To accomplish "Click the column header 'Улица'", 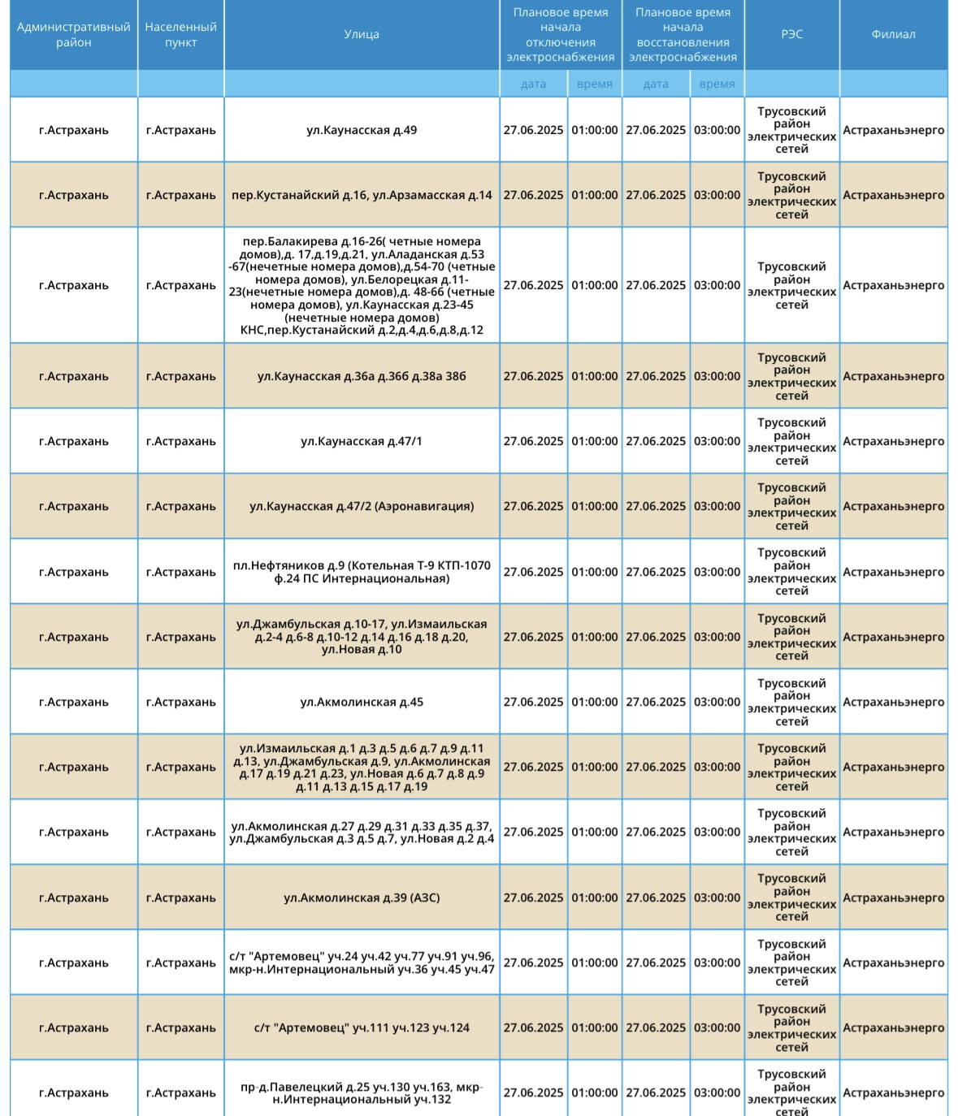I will tap(362, 34).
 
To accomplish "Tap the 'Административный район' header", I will tap(73, 34).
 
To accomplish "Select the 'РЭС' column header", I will tap(791, 34).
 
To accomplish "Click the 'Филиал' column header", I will tap(893, 34).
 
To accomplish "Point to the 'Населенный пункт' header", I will tap(180, 34).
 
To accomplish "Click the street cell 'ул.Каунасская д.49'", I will tap(362, 130).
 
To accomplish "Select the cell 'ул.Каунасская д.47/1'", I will tap(362, 441).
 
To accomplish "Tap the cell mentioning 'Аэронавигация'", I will tap(362, 506).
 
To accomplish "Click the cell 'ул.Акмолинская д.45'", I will tap(362, 702).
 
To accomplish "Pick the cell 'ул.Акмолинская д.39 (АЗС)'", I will tap(362, 898).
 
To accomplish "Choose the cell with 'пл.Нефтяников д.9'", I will tap(362, 572).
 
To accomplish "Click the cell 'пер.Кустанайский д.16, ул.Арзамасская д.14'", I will tap(362, 195).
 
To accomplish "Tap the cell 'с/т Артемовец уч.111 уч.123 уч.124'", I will tap(362, 1027).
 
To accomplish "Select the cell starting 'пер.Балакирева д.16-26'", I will tap(362, 285).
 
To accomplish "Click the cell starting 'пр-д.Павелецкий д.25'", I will tap(362, 1092).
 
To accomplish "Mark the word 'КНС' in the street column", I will tap(253, 331).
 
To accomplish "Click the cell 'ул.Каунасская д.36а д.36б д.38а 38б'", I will tap(362, 376).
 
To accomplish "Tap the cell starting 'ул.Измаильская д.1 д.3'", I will tap(362, 767).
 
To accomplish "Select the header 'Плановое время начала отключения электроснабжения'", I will tap(561, 34).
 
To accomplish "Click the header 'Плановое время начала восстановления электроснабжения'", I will tap(683, 34).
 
